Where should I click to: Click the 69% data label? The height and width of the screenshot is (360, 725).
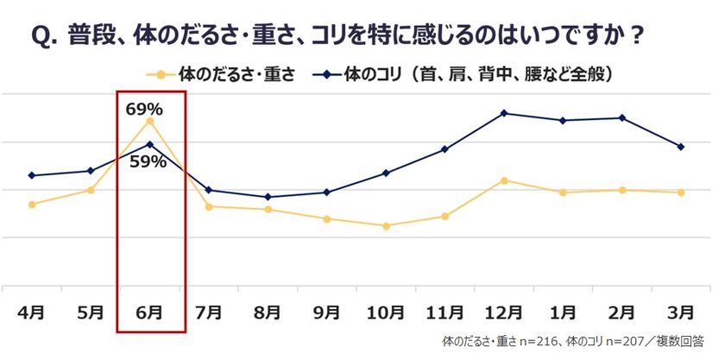[144, 109]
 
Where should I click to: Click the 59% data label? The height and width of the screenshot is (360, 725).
[148, 161]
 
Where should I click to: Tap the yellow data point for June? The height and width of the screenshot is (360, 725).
[150, 121]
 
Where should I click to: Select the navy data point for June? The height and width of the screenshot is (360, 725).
[150, 144]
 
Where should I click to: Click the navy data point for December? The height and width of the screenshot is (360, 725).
[503, 113]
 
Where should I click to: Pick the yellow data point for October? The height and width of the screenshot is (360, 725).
[386, 226]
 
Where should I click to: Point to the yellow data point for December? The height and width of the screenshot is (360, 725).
[503, 180]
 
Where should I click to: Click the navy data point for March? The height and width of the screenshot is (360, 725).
[681, 147]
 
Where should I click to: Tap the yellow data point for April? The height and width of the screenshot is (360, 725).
[32, 205]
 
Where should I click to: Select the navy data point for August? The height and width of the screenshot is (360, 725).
[268, 197]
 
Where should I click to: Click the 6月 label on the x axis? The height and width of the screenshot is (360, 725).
[150, 312]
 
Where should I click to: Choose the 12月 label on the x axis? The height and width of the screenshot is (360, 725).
[503, 312]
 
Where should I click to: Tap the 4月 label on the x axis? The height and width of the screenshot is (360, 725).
[32, 312]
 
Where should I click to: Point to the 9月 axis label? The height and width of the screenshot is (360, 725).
[326, 312]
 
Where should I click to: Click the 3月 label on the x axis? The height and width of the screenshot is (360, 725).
[681, 312]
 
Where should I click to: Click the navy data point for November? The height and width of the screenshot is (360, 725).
[444, 149]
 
